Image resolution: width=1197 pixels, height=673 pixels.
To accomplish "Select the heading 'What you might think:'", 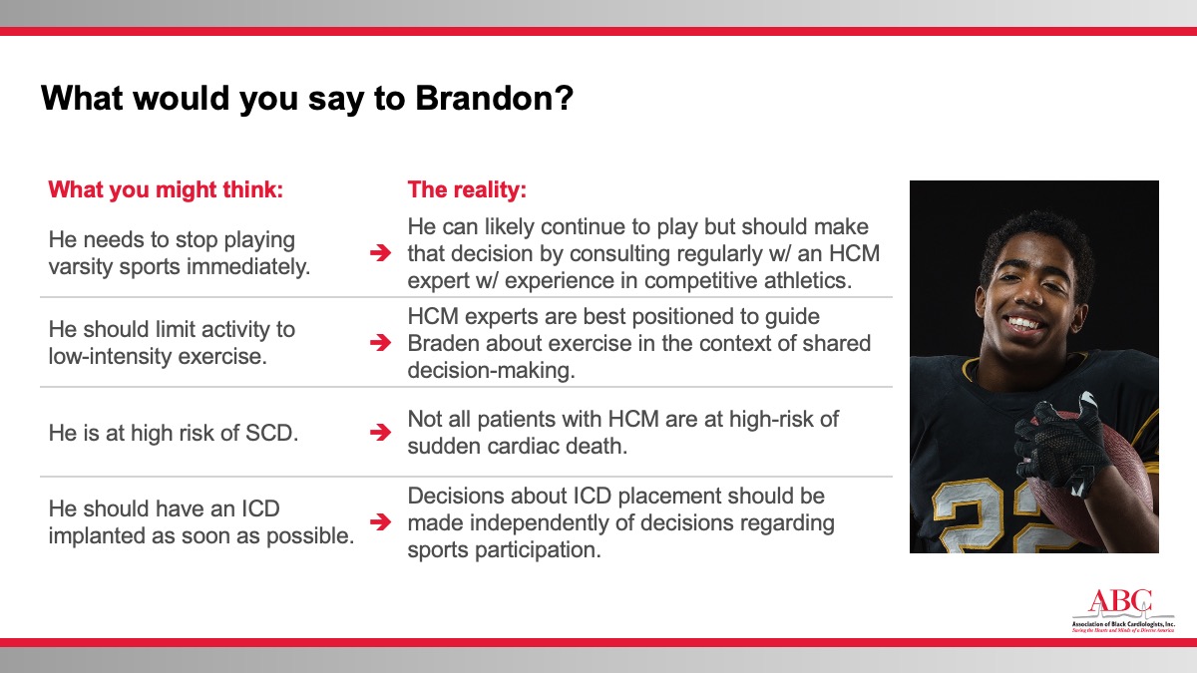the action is coord(166,189).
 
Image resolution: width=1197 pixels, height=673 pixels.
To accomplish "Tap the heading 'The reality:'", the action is coord(467,189).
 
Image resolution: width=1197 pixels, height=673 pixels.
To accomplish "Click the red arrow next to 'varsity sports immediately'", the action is coord(380,252).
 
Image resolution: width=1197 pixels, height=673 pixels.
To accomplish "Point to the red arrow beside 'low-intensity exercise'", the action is coord(380,342).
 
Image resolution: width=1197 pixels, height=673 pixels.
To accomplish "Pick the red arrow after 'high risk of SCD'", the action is coord(380,432).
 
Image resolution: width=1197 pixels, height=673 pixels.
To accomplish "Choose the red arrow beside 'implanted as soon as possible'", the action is coord(380,521).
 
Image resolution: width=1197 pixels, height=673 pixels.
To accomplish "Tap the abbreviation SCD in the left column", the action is coord(271,433).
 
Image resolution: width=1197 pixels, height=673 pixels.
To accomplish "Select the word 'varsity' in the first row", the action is coord(80,266).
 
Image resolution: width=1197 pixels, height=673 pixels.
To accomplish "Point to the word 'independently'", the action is coord(539,523).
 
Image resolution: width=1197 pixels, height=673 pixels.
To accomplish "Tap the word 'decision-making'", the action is coord(491,370).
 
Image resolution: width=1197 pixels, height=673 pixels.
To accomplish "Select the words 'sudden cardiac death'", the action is coord(518,446).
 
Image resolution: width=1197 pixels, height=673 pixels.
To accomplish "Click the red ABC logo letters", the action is coord(1120,602).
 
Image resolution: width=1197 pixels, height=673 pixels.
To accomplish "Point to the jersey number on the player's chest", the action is coord(989,516).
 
